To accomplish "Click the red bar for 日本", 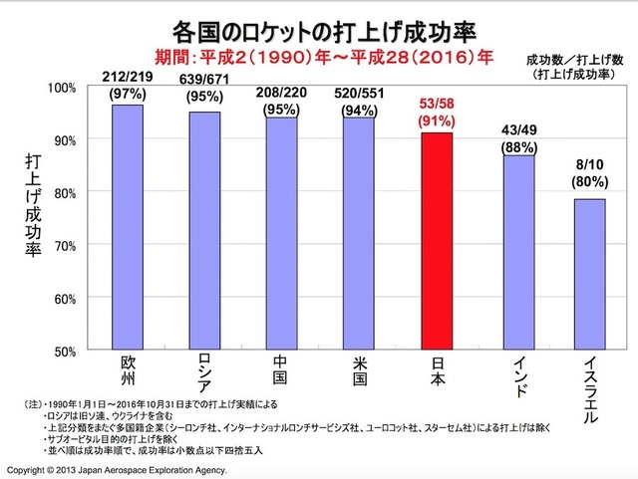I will coord(436,241).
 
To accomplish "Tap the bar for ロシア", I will coord(203,231).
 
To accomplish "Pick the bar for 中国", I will coord(281,234).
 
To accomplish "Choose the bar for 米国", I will coord(358,234).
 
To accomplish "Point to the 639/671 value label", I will coord(204,77).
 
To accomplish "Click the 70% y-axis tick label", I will coord(64,245).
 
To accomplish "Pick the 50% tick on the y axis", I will coord(64,351).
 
